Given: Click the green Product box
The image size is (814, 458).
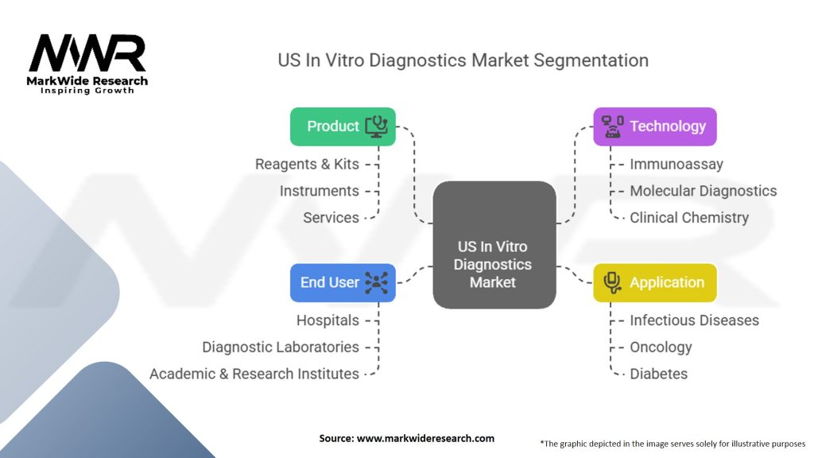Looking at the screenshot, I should point(343,126).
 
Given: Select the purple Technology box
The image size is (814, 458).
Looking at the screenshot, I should point(655,126).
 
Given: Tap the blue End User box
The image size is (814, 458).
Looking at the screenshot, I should point(343,282).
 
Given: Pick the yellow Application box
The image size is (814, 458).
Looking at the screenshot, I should point(655,282).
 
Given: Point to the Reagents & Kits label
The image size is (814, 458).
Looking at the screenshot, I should point(307,165).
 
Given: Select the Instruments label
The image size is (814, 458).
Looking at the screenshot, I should point(320,191).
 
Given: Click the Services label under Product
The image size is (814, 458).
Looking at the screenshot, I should point(331,217).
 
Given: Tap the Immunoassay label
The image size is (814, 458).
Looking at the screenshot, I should point(676,165).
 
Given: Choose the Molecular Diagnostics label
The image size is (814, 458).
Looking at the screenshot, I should point(703,191).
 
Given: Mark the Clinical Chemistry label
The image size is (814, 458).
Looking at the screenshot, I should point(689,217).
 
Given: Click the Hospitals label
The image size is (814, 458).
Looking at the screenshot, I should point(328,320).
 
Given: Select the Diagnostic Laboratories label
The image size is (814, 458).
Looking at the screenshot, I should point(281,347).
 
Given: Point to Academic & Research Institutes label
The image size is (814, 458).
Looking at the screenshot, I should point(254,373).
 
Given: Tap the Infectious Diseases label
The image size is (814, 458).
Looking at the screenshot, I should point(694,320).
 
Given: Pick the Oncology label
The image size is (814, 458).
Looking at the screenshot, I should point(661,347).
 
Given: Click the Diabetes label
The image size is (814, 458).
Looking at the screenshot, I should point(658,373).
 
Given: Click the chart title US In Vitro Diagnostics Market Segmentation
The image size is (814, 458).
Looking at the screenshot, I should point(463,60).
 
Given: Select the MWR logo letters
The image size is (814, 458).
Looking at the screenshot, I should point(87,53).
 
